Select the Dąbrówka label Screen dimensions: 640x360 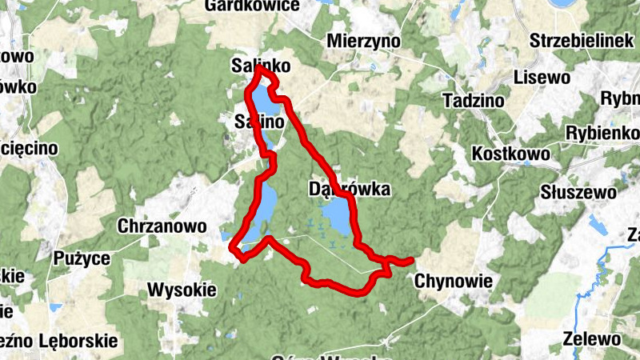click(349, 190)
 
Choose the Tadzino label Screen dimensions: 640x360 click(473, 102)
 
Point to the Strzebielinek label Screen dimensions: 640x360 click(582, 41)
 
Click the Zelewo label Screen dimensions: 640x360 click(591, 338)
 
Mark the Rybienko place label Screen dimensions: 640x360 click(602, 133)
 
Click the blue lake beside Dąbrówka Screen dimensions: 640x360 click(338, 216)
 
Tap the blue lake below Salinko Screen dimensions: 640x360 click(265, 101)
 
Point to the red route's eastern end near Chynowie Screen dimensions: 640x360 click(411, 260)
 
